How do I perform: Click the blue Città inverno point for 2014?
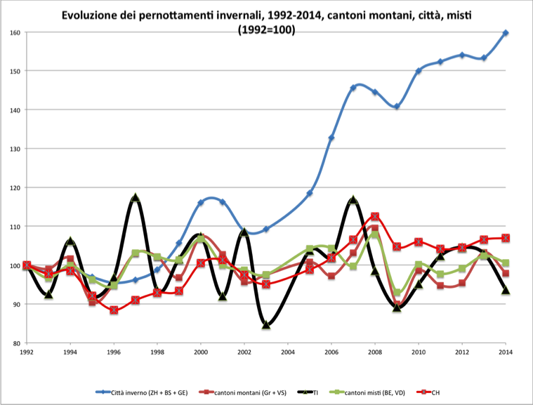click(506, 33)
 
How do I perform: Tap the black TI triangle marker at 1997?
click(136, 198)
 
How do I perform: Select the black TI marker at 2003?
click(266, 325)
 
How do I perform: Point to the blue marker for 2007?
click(353, 88)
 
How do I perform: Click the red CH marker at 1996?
click(114, 310)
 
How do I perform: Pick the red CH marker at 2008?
click(375, 217)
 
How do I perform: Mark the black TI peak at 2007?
click(353, 200)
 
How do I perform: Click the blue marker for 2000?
click(201, 202)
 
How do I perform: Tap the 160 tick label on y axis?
click(15, 32)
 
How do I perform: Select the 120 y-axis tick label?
click(15, 187)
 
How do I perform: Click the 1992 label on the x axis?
click(27, 352)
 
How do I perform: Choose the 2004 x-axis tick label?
click(288, 352)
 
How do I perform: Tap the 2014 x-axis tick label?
click(506, 352)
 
